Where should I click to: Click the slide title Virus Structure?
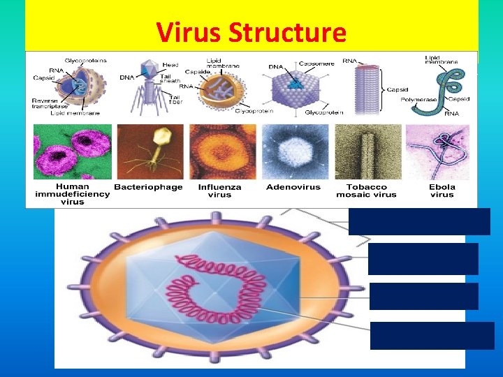[251, 33]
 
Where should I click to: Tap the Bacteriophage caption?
[148, 187]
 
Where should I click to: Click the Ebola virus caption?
[442, 191]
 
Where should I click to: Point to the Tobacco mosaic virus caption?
[367, 191]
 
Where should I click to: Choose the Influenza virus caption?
[219, 191]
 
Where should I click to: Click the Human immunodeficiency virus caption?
[73, 194]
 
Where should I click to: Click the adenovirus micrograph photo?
[293, 152]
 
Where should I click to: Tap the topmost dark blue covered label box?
[419, 221]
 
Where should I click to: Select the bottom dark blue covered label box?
[432, 335]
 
